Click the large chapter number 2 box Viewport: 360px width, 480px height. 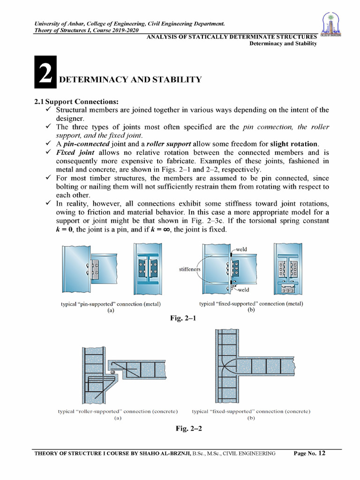coord(45,72)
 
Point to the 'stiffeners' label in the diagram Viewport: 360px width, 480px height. coord(190,270)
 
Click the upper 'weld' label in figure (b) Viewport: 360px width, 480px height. coord(242,249)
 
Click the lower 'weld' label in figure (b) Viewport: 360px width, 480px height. coord(242,290)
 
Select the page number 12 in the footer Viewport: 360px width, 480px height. coord(321,453)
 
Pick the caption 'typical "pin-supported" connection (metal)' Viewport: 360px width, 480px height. coord(111,304)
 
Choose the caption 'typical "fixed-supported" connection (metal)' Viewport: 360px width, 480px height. coord(251,304)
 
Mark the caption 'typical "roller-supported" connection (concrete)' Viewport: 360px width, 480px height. coord(118,411)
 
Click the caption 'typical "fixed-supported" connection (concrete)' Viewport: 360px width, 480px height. coord(251,411)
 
